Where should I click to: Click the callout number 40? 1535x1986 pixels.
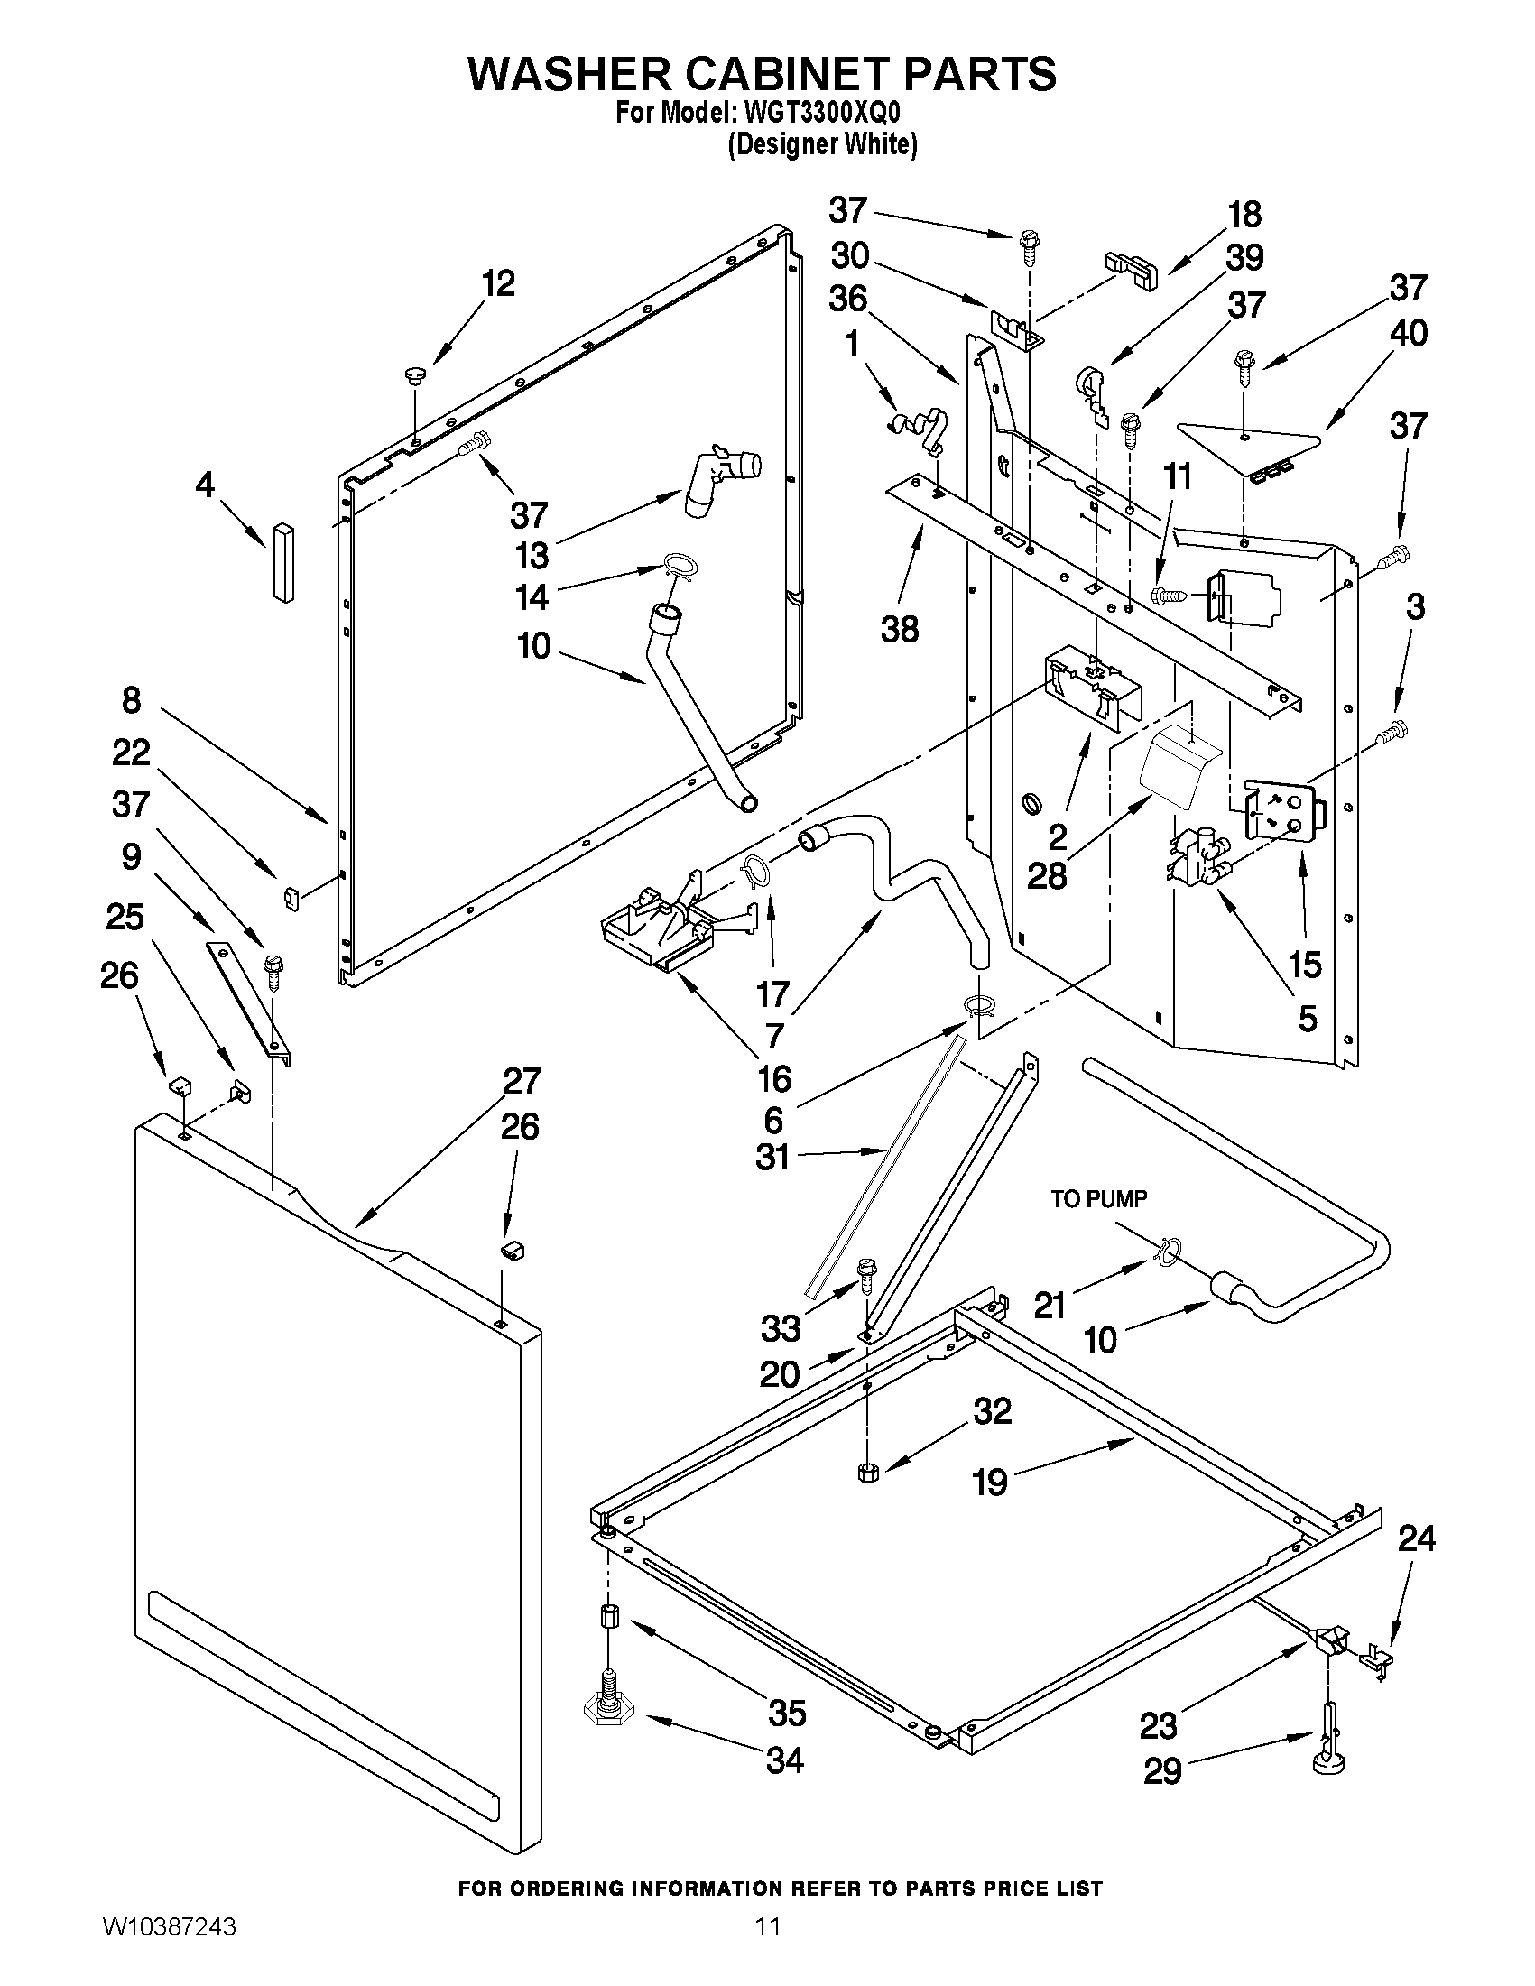coord(1409,333)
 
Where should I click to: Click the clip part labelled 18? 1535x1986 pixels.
coord(1132,271)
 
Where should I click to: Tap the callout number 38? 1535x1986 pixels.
coord(900,628)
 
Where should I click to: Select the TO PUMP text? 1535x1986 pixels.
coord(1098,1198)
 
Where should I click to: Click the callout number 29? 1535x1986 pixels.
coord(1161,1770)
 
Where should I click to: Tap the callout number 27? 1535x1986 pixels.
coord(522,1080)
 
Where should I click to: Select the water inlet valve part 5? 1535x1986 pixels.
coord(1196,856)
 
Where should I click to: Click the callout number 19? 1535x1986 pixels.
coord(989,1483)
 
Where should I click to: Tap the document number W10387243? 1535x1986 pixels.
coord(170,1951)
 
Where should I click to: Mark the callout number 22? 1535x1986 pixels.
coord(131,753)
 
